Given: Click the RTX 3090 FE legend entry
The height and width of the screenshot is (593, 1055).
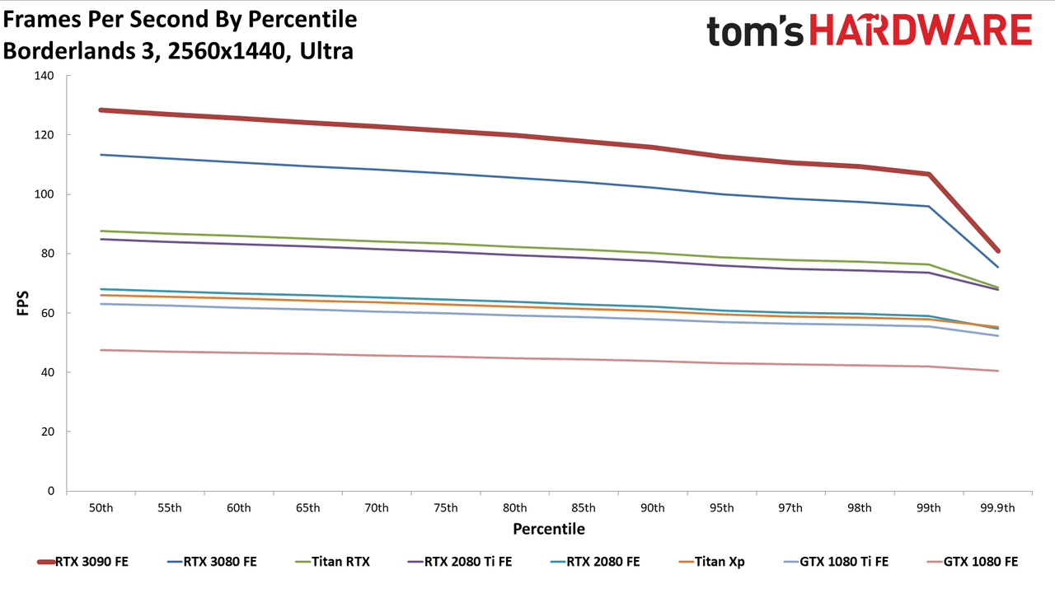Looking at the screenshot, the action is [x=82, y=562].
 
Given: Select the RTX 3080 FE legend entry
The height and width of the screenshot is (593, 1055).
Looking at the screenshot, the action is [x=212, y=562].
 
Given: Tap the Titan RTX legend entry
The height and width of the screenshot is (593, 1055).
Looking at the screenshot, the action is [x=332, y=562].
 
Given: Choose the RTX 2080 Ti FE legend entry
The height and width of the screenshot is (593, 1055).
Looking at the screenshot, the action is [x=460, y=562].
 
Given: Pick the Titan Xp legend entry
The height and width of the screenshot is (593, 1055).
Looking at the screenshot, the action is [x=711, y=562].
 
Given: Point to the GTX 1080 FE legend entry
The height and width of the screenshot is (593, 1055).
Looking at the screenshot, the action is [x=973, y=562].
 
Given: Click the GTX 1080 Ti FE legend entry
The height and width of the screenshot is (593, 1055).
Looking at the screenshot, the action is [x=837, y=562].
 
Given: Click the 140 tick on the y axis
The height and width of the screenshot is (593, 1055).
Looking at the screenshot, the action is [x=45, y=75].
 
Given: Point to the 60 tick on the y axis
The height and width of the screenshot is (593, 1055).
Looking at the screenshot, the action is [x=48, y=313].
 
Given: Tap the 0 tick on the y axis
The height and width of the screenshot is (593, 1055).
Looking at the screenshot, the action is [x=51, y=491].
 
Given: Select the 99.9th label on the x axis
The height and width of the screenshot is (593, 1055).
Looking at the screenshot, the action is [x=997, y=508].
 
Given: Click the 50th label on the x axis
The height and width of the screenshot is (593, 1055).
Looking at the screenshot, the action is [x=101, y=508].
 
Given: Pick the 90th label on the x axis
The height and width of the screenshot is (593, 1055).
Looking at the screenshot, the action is [x=652, y=508].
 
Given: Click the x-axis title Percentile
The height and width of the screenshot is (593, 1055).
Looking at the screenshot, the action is [x=549, y=529].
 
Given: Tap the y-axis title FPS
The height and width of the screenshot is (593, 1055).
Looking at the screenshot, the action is [x=22, y=303].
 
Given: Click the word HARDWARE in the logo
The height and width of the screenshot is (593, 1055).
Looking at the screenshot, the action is [x=921, y=30].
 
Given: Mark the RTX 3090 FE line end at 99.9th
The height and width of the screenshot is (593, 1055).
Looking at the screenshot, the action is [x=997, y=251].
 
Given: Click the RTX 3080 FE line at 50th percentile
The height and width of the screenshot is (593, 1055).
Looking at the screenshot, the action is [x=101, y=155].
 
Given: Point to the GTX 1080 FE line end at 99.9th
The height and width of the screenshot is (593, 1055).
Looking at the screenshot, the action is [x=997, y=371].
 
